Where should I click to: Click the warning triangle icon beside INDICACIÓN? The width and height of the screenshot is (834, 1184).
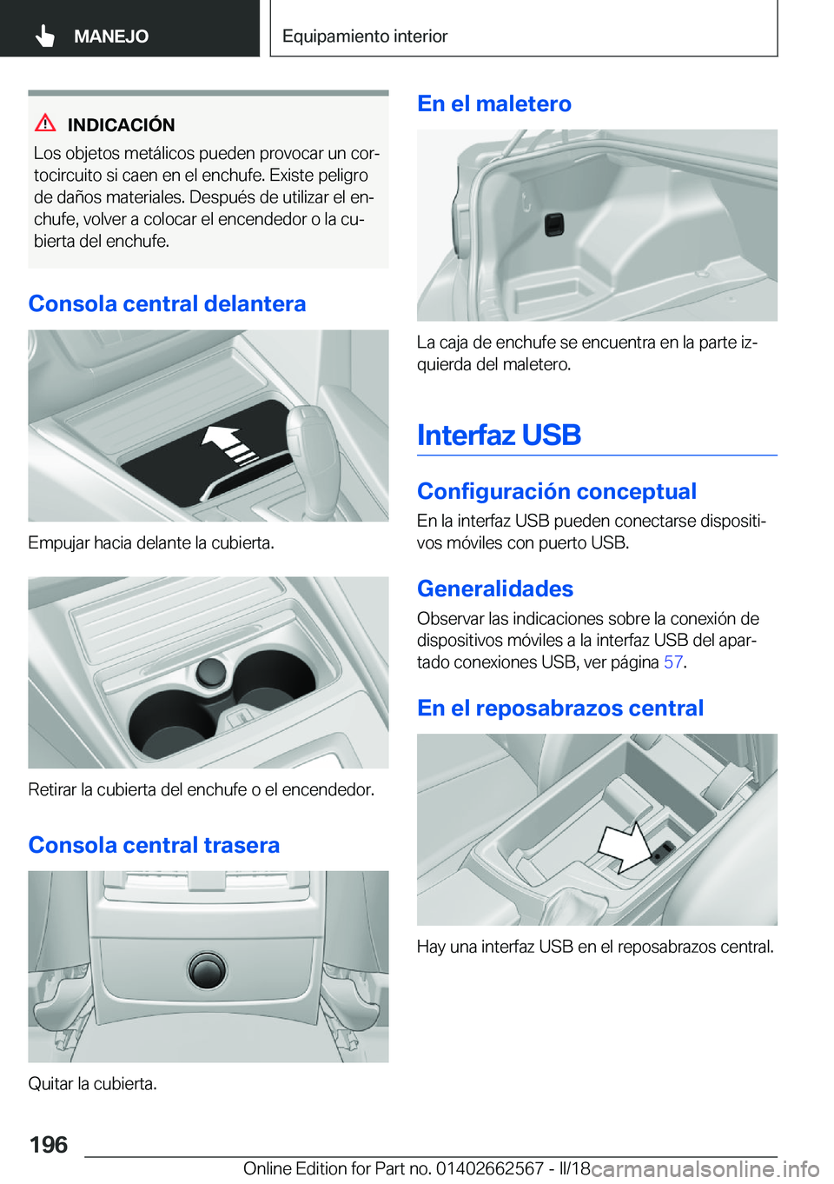tap(46, 123)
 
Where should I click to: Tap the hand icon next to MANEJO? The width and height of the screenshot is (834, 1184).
tap(45, 36)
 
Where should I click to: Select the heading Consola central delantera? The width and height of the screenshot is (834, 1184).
tap(167, 303)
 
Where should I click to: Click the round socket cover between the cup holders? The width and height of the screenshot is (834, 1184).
tap(211, 670)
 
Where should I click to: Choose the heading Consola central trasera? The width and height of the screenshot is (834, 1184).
tap(154, 845)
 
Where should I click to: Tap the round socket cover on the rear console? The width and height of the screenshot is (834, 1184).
tap(208, 968)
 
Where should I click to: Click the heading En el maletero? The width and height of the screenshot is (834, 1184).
tap(493, 103)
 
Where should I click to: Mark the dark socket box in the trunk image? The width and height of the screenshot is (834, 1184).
tap(554, 224)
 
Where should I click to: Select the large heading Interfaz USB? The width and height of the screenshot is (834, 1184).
tap(499, 435)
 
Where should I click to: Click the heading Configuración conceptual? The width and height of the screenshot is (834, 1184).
tap(556, 491)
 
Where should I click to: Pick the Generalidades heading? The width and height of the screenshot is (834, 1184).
tap(495, 589)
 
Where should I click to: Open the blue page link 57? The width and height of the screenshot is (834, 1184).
tap(672, 662)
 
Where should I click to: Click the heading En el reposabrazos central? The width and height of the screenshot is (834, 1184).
tap(559, 708)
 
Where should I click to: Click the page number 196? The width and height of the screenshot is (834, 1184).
tap(49, 1145)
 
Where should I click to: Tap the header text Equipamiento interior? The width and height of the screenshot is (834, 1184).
tap(365, 37)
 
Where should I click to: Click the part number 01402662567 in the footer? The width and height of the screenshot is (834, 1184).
tap(490, 1168)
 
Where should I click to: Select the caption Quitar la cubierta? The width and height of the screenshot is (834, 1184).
tap(92, 1084)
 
